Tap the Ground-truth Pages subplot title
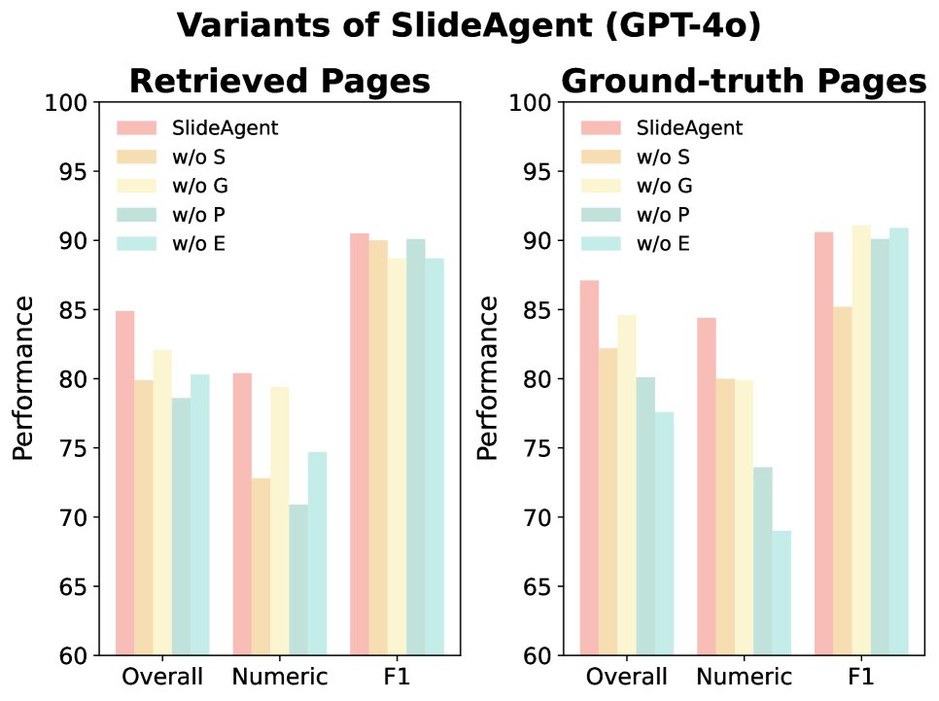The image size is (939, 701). (x=744, y=82)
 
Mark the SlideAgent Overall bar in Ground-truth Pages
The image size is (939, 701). (x=589, y=468)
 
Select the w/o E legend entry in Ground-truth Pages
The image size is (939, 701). (x=663, y=243)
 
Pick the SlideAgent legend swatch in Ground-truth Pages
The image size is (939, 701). (x=599, y=127)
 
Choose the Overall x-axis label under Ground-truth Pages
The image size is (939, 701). (x=627, y=676)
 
